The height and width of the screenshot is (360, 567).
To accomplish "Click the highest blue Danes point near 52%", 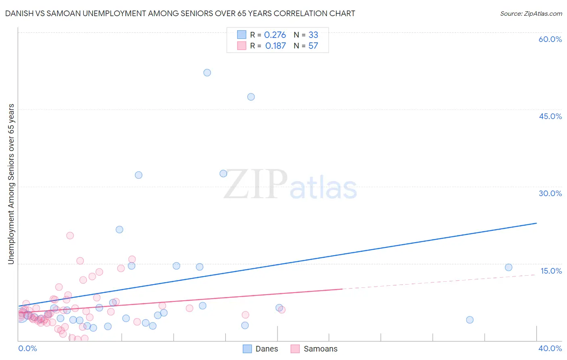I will (207, 73).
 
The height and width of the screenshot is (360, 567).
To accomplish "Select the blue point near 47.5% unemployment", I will (251, 97).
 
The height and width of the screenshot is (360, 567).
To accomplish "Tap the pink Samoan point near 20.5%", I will (70, 236).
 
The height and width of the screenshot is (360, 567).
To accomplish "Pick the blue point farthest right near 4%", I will (469, 320).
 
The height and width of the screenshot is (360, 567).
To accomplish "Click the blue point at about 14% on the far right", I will (509, 267).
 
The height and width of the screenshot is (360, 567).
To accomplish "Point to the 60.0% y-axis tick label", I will (550, 39).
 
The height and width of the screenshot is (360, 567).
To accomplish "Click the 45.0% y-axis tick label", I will (550, 116).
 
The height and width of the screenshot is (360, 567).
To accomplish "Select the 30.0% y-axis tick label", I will (550, 193).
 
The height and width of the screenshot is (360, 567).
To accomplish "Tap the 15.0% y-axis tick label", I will (551, 271).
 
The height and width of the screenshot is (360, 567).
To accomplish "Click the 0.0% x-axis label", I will (27, 348).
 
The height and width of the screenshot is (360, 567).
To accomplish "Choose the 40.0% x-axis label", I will (550, 348).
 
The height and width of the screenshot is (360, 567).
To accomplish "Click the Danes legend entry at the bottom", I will (261, 349).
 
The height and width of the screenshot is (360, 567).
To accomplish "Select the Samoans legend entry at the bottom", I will (314, 349).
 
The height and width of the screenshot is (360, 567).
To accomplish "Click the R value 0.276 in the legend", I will (275, 35).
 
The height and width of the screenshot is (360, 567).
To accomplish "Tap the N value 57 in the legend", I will (313, 46).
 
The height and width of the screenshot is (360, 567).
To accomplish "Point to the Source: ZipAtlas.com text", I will (531, 14).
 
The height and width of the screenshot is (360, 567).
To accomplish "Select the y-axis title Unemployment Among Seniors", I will (11, 184).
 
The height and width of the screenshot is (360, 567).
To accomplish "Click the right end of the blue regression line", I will (536, 223).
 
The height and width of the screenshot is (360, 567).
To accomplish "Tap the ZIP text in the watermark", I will (255, 185).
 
